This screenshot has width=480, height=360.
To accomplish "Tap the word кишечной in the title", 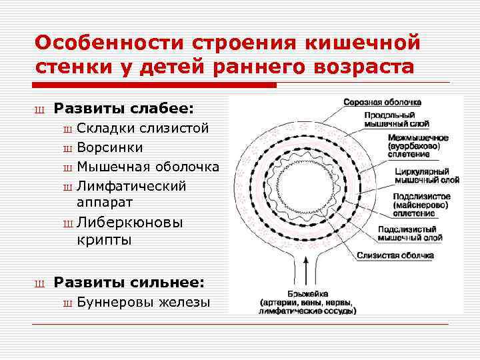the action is click(361, 43).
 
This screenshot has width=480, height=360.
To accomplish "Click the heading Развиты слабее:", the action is click(124, 107).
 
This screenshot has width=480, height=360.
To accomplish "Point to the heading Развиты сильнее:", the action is click(129, 282).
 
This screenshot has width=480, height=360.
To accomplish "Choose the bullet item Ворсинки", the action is click(109, 147).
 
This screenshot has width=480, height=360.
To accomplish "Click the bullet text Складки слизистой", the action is click(143, 128).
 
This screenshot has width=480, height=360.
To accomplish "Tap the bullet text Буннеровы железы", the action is click(143, 302).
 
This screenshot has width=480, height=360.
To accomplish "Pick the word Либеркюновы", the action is click(129, 221).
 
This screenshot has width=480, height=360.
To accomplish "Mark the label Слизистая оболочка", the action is click(395, 255).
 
